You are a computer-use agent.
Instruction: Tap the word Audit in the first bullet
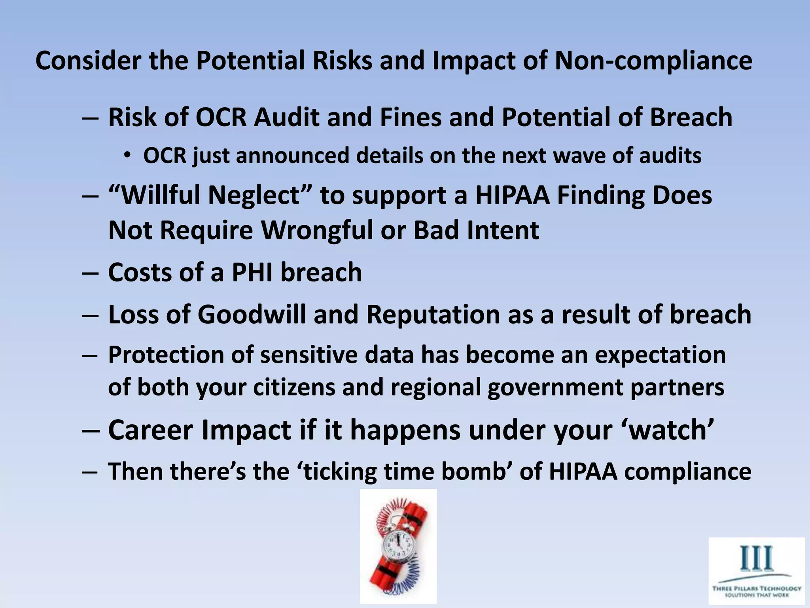[286, 118]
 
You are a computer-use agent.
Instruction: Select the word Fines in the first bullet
[411, 118]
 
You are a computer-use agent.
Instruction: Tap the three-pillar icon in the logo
[756, 558]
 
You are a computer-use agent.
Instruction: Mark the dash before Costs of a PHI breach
[90, 273]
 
